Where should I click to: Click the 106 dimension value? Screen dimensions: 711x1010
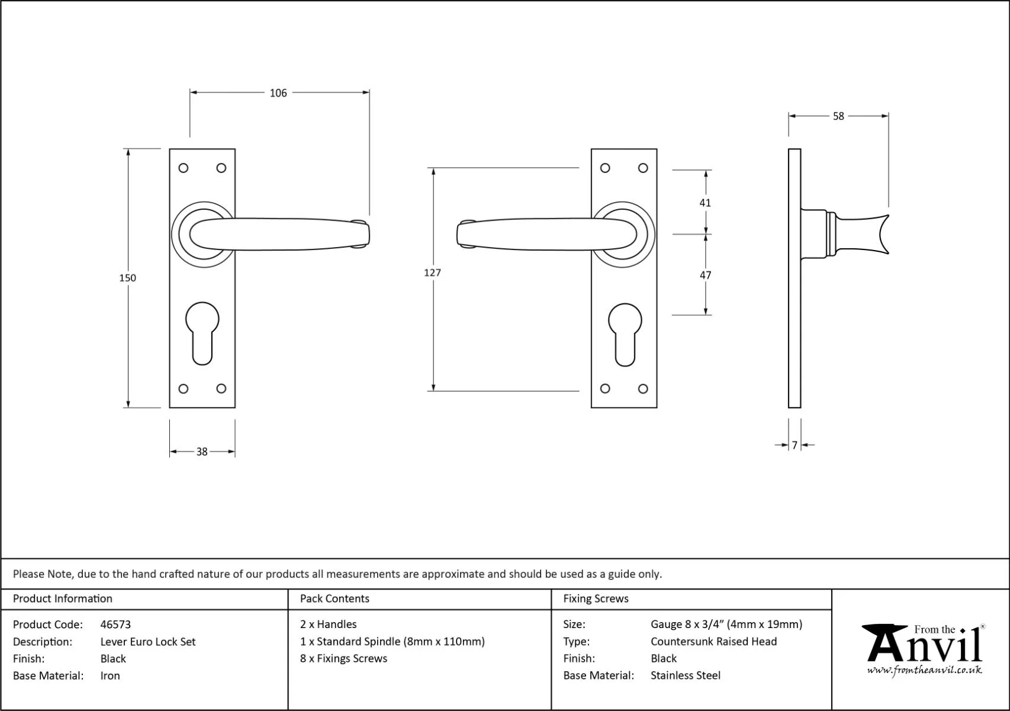(x=278, y=93)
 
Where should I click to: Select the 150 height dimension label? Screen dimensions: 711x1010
(x=127, y=278)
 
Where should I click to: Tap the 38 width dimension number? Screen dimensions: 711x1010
(x=202, y=452)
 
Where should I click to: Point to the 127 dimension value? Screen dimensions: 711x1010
(x=432, y=273)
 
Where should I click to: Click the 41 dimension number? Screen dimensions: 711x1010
(x=705, y=203)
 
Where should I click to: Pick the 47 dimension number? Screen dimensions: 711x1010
(x=705, y=275)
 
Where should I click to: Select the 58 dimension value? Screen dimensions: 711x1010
(x=838, y=117)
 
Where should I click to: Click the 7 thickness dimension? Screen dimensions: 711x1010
(x=795, y=445)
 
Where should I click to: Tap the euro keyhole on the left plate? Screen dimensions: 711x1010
(x=202, y=332)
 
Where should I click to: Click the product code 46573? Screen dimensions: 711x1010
(x=115, y=624)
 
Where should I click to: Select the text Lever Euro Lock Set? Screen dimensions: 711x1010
(x=148, y=642)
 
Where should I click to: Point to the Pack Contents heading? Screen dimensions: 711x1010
(x=334, y=599)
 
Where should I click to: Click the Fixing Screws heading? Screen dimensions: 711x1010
(x=596, y=599)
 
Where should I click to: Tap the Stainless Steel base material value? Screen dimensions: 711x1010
(x=686, y=675)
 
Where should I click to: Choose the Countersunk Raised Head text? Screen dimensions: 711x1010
(x=713, y=642)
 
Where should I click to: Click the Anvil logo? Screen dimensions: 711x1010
(x=924, y=649)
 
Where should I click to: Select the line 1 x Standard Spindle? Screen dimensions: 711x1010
(x=392, y=642)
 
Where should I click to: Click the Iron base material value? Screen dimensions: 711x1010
(x=110, y=676)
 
